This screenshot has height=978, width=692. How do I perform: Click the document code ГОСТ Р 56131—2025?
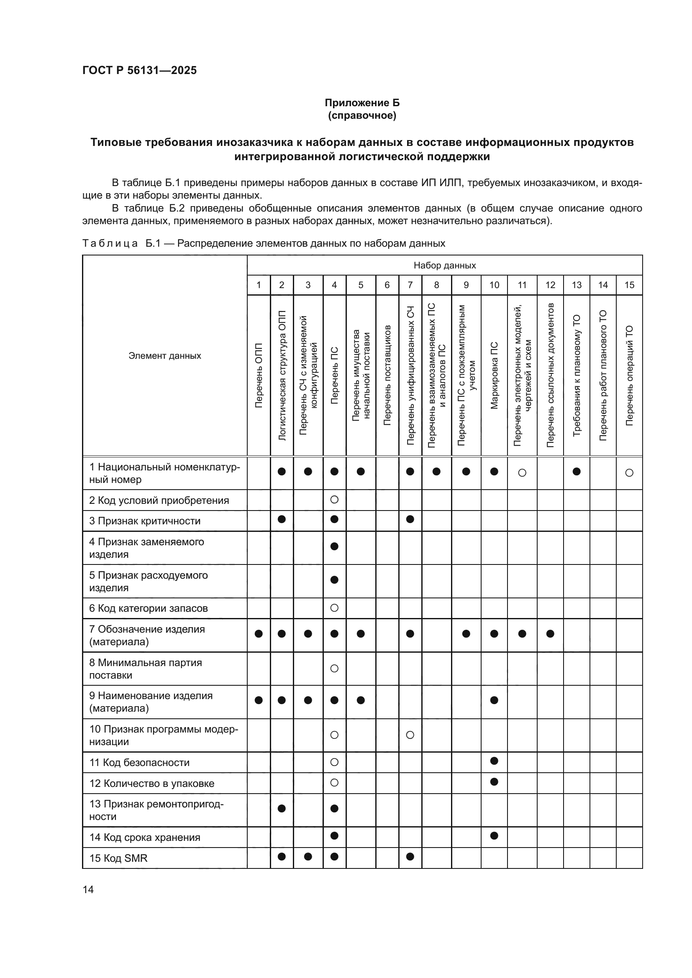[x=139, y=70]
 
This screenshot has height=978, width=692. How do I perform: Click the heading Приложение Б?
[x=362, y=103]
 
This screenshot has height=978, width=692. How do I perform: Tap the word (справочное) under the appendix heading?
[x=362, y=115]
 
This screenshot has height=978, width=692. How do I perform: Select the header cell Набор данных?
[x=444, y=266]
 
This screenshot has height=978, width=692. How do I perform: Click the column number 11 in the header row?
[x=522, y=285]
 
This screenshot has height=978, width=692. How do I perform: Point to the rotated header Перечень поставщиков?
[x=387, y=375]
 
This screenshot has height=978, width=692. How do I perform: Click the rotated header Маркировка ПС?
[x=494, y=375]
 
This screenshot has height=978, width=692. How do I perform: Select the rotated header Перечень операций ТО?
[x=629, y=375]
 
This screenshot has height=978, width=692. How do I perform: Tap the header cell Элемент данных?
[x=164, y=356]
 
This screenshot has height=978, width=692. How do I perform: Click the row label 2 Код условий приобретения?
[x=159, y=500]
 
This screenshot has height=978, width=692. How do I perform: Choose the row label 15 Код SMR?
[x=118, y=858]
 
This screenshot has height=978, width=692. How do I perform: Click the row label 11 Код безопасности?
[x=139, y=763]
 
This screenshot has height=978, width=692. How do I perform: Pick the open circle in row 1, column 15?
[x=629, y=472]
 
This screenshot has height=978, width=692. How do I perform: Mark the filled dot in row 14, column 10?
[x=494, y=835]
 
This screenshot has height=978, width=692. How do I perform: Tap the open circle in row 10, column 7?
[x=410, y=735]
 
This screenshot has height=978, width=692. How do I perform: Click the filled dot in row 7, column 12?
[x=550, y=634]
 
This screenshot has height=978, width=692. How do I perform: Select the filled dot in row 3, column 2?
[x=281, y=519]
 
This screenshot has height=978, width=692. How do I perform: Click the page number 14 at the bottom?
[x=88, y=889]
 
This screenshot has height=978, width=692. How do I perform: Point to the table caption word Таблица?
[x=110, y=243]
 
